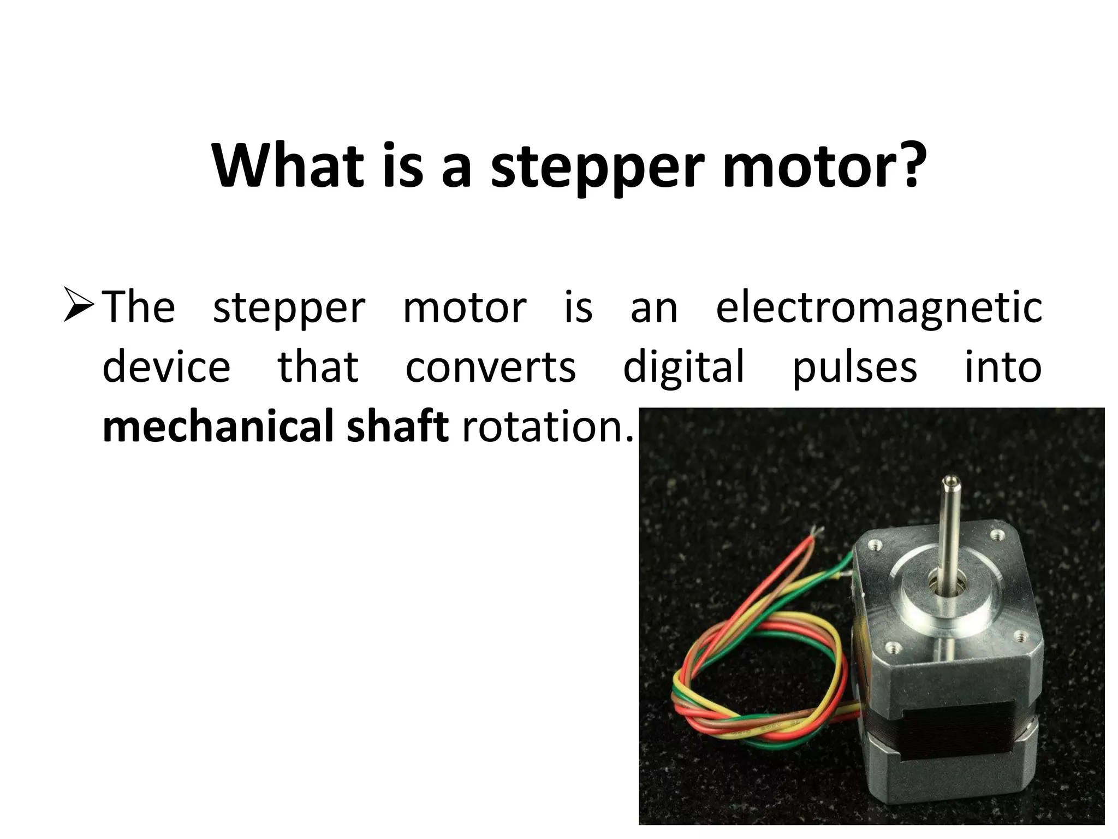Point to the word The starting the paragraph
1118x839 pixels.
pyautogui.click(x=139, y=306)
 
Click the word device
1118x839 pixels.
pyautogui.click(x=166, y=367)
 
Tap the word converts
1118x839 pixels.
pyautogui.click(x=490, y=367)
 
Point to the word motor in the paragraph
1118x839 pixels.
pyautogui.click(x=465, y=308)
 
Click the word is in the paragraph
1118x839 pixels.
pyautogui.click(x=578, y=306)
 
